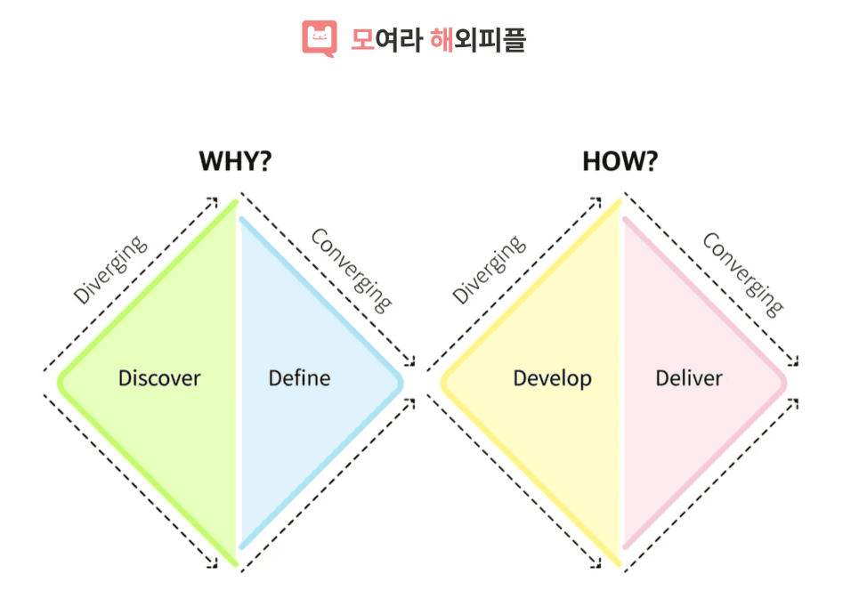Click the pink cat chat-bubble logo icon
tap(320, 38)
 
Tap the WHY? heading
tap(235, 161)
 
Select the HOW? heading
tap(620, 161)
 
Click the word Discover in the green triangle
tap(159, 378)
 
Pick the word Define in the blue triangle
tap(299, 378)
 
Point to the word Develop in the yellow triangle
tap(552, 378)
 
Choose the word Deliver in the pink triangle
tap(689, 378)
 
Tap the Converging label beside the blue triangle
tap(351, 271)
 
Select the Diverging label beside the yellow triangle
tap(489, 270)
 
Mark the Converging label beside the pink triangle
tap(743, 274)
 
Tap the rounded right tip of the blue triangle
tap(400, 382)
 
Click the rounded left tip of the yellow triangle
tap(444, 382)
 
